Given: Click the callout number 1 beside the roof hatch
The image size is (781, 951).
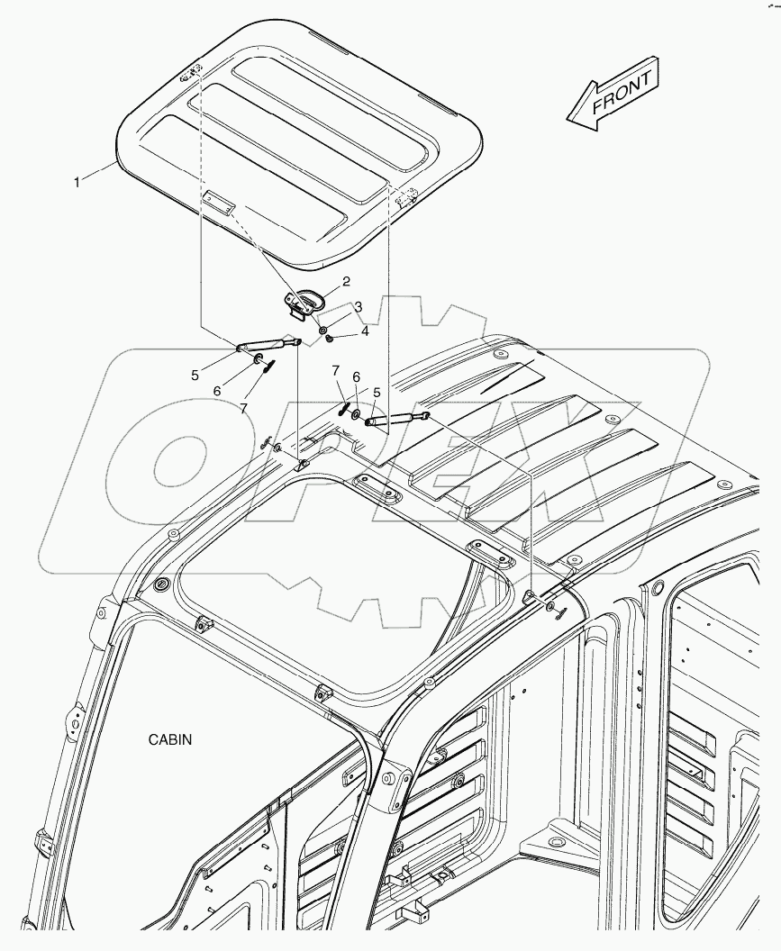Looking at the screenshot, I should click(77, 182).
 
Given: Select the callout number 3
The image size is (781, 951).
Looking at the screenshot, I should click(358, 307).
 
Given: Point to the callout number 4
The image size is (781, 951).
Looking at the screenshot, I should click(365, 331).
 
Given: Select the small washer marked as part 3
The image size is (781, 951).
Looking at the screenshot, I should click(323, 331).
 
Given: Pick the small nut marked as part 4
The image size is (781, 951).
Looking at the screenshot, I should click(331, 340).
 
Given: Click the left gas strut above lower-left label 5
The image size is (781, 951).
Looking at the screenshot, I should click(267, 343).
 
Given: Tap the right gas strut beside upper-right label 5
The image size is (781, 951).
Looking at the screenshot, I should click(396, 418).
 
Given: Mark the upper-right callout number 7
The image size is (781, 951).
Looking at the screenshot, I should click(334, 371).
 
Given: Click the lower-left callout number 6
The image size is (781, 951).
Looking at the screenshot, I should click(216, 391).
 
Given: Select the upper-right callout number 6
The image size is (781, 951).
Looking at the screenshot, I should click(356, 377).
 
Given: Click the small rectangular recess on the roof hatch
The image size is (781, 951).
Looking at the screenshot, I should click(218, 202).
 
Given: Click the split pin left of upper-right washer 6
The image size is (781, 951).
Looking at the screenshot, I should click(343, 407).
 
